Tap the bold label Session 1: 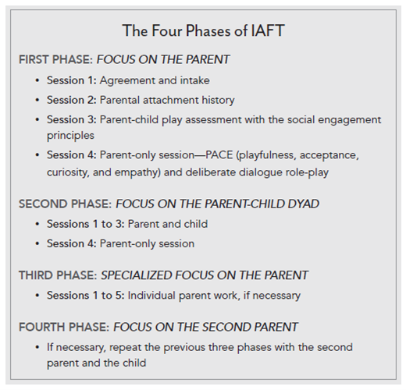tap(73, 80)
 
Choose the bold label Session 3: tap(73, 119)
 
